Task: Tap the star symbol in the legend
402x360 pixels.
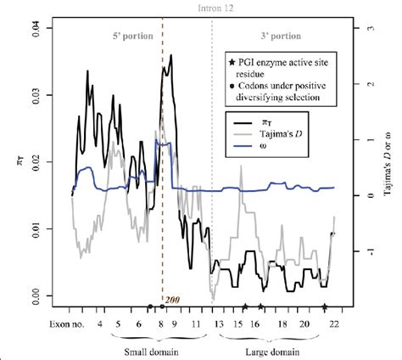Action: click(x=232, y=63)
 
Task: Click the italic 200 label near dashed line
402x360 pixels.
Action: click(x=173, y=301)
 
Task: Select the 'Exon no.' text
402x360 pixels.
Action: click(x=66, y=323)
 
